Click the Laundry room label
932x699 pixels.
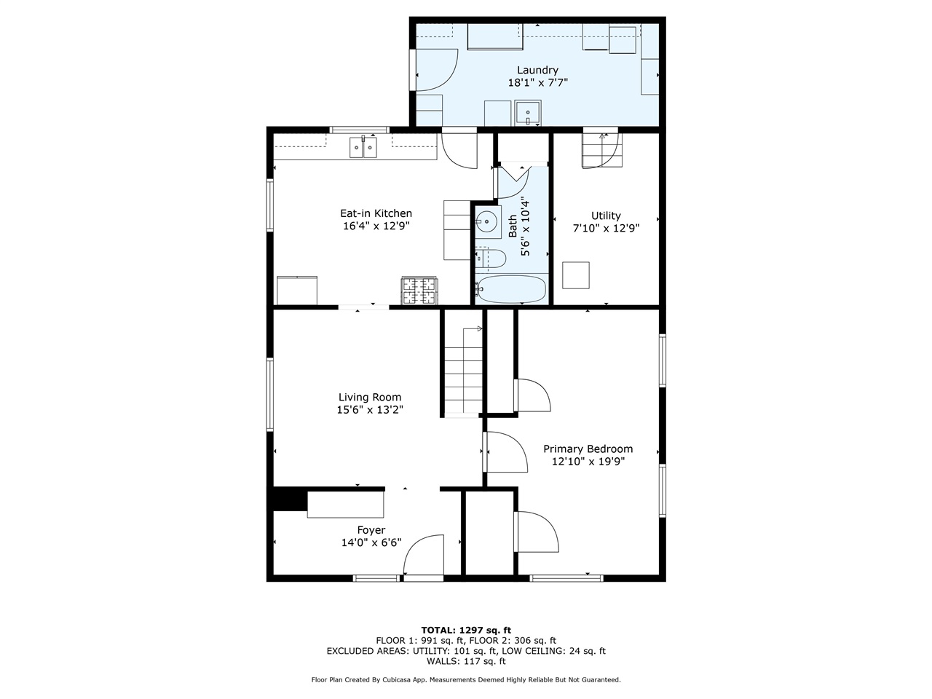pyautogui.click(x=537, y=71)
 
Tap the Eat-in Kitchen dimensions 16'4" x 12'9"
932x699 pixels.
pyautogui.click(x=376, y=226)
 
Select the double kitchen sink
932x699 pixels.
pyautogui.click(x=363, y=148)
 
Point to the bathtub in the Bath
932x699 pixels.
pyautogui.click(x=511, y=289)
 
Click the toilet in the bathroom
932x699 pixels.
pyautogui.click(x=491, y=258)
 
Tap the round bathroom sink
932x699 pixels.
pyautogui.click(x=486, y=222)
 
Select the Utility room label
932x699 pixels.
pyautogui.click(x=606, y=216)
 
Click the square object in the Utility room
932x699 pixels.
pyautogui.click(x=576, y=275)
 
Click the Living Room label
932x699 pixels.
pyautogui.click(x=370, y=398)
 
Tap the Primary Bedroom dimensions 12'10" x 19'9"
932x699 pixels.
pyautogui.click(x=588, y=461)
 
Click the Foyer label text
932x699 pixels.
pyautogui.click(x=371, y=530)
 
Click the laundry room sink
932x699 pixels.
pyautogui.click(x=526, y=114)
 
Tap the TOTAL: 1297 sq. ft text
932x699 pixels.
pyautogui.click(x=466, y=630)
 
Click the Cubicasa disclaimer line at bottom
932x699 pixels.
pyautogui.click(x=466, y=679)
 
